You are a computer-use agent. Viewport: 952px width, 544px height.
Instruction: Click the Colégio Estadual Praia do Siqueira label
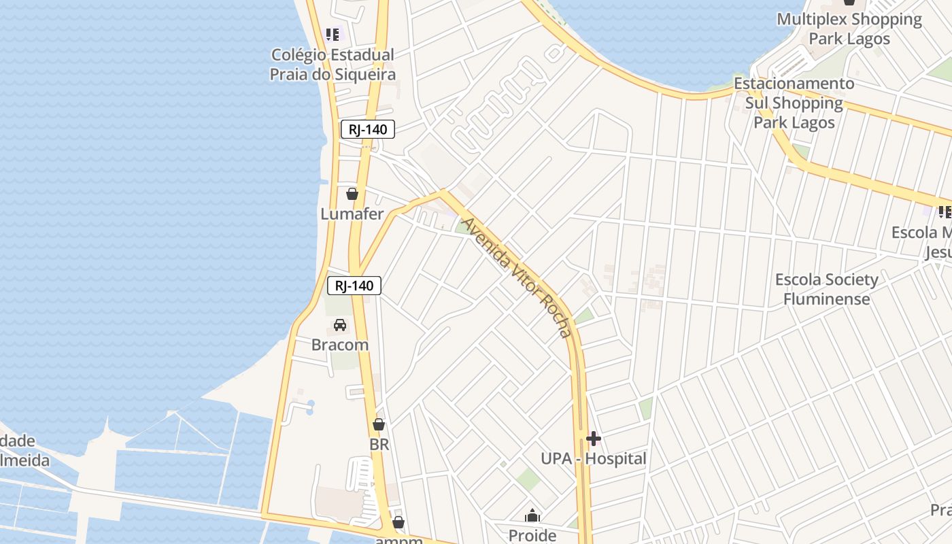[x=333, y=65]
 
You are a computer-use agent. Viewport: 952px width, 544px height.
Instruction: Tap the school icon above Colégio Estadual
[x=332, y=34]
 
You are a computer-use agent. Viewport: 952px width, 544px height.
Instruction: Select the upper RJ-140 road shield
[x=368, y=129]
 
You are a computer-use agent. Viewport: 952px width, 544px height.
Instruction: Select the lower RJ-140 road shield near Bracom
[x=354, y=286]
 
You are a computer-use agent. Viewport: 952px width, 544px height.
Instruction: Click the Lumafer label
[x=352, y=214]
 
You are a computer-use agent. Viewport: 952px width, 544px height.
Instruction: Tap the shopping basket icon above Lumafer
[x=352, y=194]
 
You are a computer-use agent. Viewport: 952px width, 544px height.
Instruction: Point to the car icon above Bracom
[x=340, y=325]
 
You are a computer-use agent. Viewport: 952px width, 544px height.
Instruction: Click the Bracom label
[x=340, y=345]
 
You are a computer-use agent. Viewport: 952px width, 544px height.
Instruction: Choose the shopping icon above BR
[x=379, y=425]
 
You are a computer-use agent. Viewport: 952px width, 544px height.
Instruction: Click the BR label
[x=379, y=445]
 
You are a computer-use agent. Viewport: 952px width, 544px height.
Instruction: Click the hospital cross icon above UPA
[x=594, y=439]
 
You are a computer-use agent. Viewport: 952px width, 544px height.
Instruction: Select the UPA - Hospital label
[x=594, y=459]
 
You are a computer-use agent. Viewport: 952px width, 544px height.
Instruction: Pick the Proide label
[x=532, y=536]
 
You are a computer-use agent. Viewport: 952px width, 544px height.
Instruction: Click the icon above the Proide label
[x=532, y=516]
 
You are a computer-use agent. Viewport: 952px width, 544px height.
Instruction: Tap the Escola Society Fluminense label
[x=827, y=289]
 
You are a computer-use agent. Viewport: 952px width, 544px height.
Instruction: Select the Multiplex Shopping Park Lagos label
[x=849, y=29]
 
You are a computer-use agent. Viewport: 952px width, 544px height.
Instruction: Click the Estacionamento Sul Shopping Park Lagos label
[x=794, y=103]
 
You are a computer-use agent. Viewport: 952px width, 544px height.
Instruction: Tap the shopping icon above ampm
[x=398, y=522]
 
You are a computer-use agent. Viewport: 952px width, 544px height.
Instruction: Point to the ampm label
[x=398, y=540]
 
